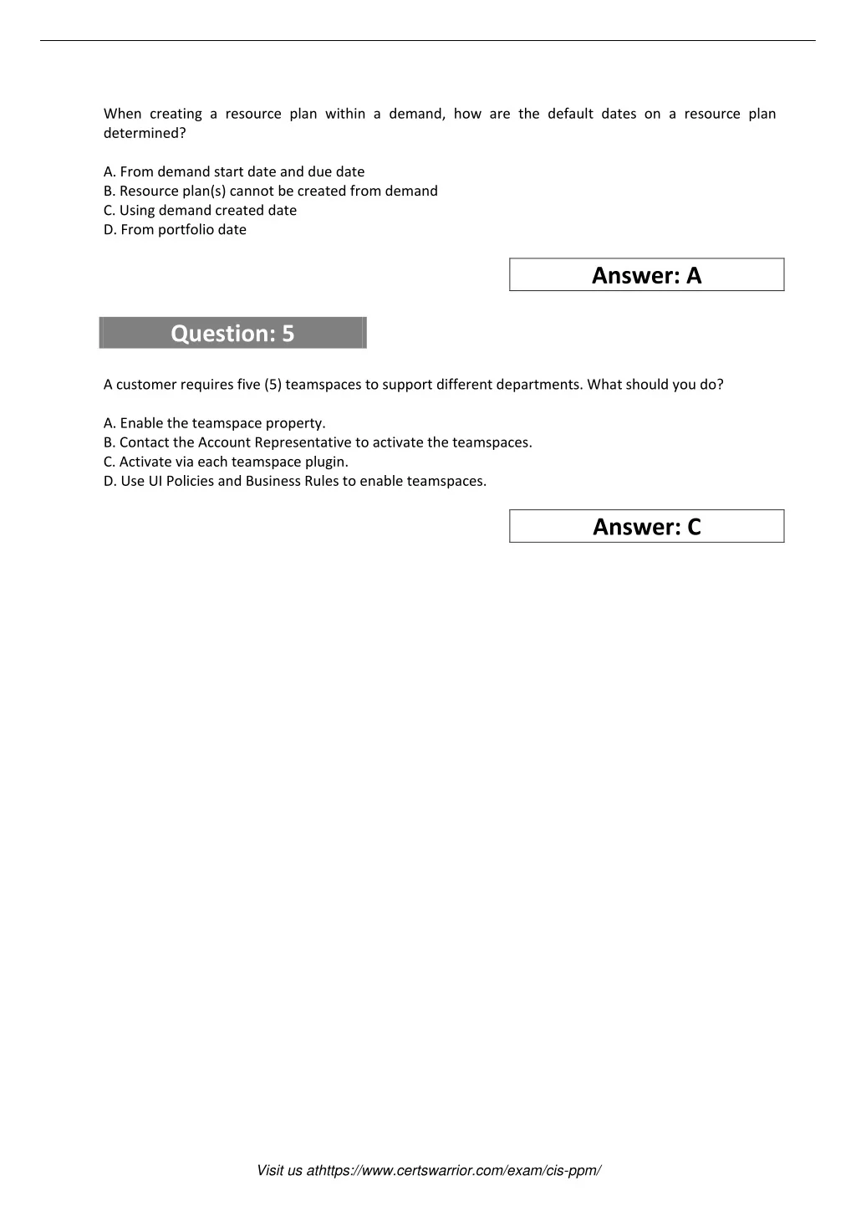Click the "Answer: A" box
tap(646, 275)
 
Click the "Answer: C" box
tap(646, 527)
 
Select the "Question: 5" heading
tap(232, 333)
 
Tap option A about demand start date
tap(234, 171)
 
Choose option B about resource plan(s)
tap(270, 191)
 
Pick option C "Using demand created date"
tap(200, 210)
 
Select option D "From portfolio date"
tap(175, 229)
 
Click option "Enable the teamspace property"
tap(215, 422)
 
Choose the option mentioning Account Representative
tap(318, 442)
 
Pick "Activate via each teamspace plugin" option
tap(226, 461)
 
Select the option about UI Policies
tap(295, 481)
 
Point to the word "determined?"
tap(145, 133)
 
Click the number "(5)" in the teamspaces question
tap(273, 385)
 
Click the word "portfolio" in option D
tap(186, 229)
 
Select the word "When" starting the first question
tap(123, 114)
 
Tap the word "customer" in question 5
tap(145, 385)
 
